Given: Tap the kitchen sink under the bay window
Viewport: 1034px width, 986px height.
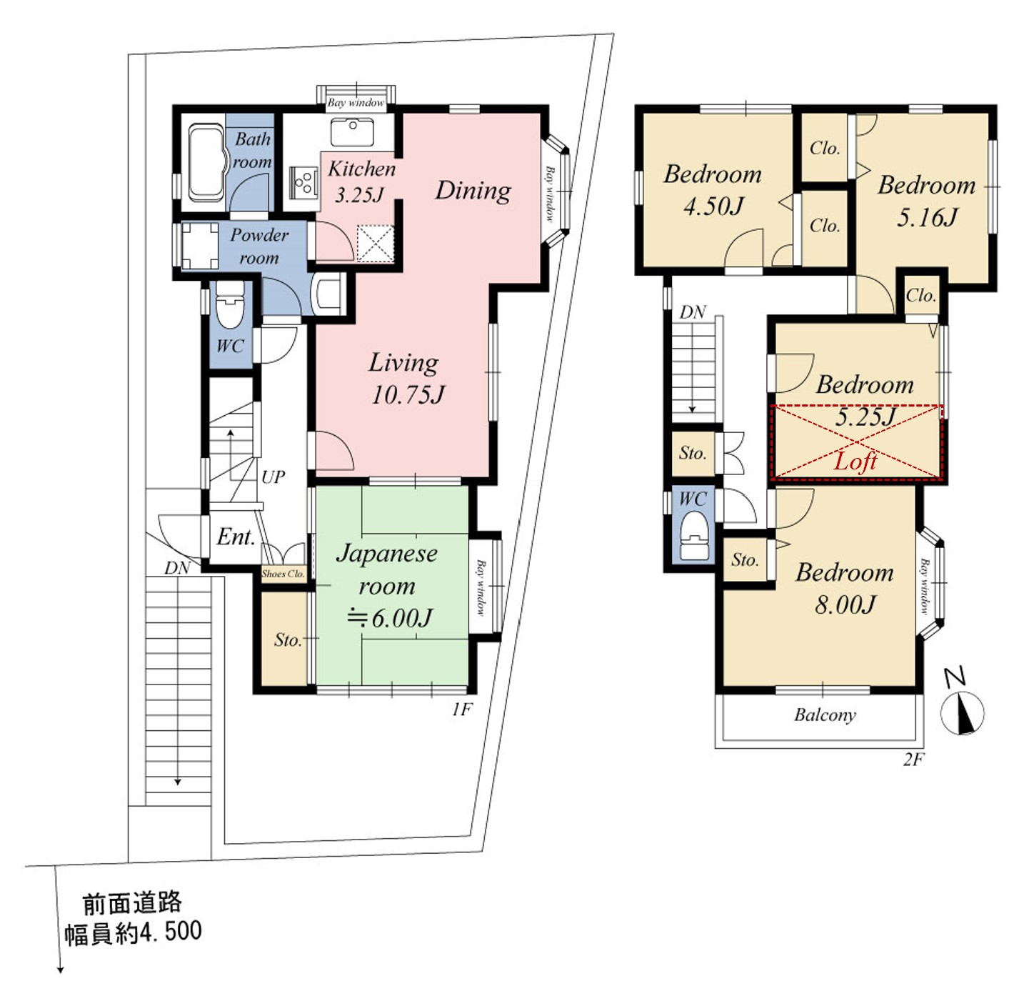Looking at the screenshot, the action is pos(352,131).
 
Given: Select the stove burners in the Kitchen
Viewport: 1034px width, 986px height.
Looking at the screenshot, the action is pos(304,183).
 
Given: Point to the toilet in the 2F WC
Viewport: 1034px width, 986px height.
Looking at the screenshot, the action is pos(693,535).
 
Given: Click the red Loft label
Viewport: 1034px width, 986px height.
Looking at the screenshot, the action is pos(855,461).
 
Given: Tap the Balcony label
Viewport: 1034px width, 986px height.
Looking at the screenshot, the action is pos(825,715).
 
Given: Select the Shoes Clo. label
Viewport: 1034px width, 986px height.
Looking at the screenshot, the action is pos(283,574).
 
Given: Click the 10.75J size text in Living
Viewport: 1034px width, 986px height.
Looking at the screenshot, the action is pos(408,394).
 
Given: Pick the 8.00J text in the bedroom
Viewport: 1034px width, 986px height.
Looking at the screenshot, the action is pos(845,604).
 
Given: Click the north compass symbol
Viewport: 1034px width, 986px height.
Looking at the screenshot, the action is pos(962,705).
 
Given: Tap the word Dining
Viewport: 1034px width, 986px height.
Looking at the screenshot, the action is pos(473,190).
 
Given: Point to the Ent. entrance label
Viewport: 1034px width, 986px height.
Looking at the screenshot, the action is pos(236,537).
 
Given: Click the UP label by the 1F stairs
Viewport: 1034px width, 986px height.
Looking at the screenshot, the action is pos(273,477).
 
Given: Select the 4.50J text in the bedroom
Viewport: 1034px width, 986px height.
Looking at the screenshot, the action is pos(713,206).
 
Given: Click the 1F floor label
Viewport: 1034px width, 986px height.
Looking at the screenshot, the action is pos(462,709).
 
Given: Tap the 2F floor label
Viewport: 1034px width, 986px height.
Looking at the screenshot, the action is pos(913,760).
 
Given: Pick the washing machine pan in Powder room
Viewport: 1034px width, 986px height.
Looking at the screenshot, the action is pos(199,246).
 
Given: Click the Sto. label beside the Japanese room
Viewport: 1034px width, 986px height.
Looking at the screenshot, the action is pos(288,639).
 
